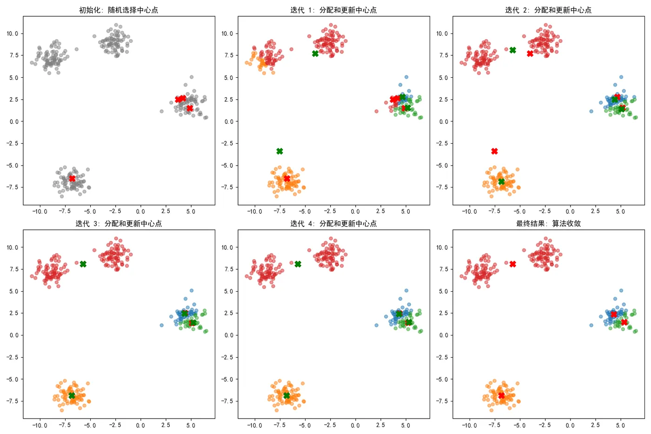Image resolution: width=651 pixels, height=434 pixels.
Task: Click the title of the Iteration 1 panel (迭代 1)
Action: pos(333,10)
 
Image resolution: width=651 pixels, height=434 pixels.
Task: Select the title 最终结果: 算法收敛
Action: pos(548,223)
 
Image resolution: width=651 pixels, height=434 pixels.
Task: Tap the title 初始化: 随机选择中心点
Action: pos(119,10)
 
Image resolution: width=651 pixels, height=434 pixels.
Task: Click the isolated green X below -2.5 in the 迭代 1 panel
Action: pos(279,151)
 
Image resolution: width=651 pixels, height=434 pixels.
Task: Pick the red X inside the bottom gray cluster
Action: pos(72,179)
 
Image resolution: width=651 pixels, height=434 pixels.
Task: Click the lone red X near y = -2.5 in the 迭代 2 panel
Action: pos(494,151)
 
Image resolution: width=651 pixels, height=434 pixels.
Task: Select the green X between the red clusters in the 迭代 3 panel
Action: pos(83,264)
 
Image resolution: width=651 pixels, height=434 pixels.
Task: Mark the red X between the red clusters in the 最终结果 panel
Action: pos(512,264)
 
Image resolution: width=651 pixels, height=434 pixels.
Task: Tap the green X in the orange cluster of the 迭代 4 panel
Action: pos(286,395)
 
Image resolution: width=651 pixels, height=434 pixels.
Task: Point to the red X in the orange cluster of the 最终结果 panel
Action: pos(501,395)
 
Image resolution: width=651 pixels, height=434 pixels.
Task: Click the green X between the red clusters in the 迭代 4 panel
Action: pos(298,264)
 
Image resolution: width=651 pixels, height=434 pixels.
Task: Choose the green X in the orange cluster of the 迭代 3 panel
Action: pos(72,395)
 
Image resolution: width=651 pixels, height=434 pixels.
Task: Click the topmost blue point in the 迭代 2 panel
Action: pos(621,77)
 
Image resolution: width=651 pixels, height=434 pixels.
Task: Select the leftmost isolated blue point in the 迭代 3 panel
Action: pos(161,325)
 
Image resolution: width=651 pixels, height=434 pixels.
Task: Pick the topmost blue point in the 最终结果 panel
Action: pos(621,291)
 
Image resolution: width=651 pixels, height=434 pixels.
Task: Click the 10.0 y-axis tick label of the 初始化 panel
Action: pos(13,33)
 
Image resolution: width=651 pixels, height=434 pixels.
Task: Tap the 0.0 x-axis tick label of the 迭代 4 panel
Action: pos(355,425)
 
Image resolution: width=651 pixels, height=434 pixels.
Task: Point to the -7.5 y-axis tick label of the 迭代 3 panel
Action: pos(13,401)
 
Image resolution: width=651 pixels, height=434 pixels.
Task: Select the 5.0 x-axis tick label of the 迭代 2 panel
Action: pos(620,212)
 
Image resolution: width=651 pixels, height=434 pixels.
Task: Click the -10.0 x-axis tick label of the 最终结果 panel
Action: pos(469,425)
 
